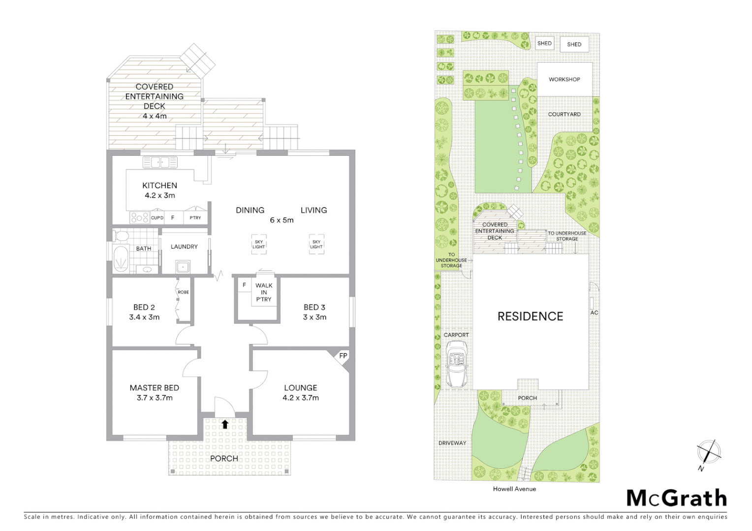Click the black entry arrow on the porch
(225, 424)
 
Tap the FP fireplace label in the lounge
(343, 355)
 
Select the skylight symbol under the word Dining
(259, 244)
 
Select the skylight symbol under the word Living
(316, 244)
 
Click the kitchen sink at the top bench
(160, 162)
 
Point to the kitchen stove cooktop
(139, 217)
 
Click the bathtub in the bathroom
(120, 258)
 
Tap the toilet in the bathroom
(121, 236)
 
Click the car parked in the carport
(456, 365)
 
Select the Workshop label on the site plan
(564, 79)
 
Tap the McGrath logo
(676, 498)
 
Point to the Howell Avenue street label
(514, 489)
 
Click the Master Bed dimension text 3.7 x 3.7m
(155, 398)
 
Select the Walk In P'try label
(264, 292)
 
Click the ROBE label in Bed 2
(183, 292)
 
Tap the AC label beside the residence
(594, 313)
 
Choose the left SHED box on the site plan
(544, 43)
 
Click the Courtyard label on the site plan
(564, 114)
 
